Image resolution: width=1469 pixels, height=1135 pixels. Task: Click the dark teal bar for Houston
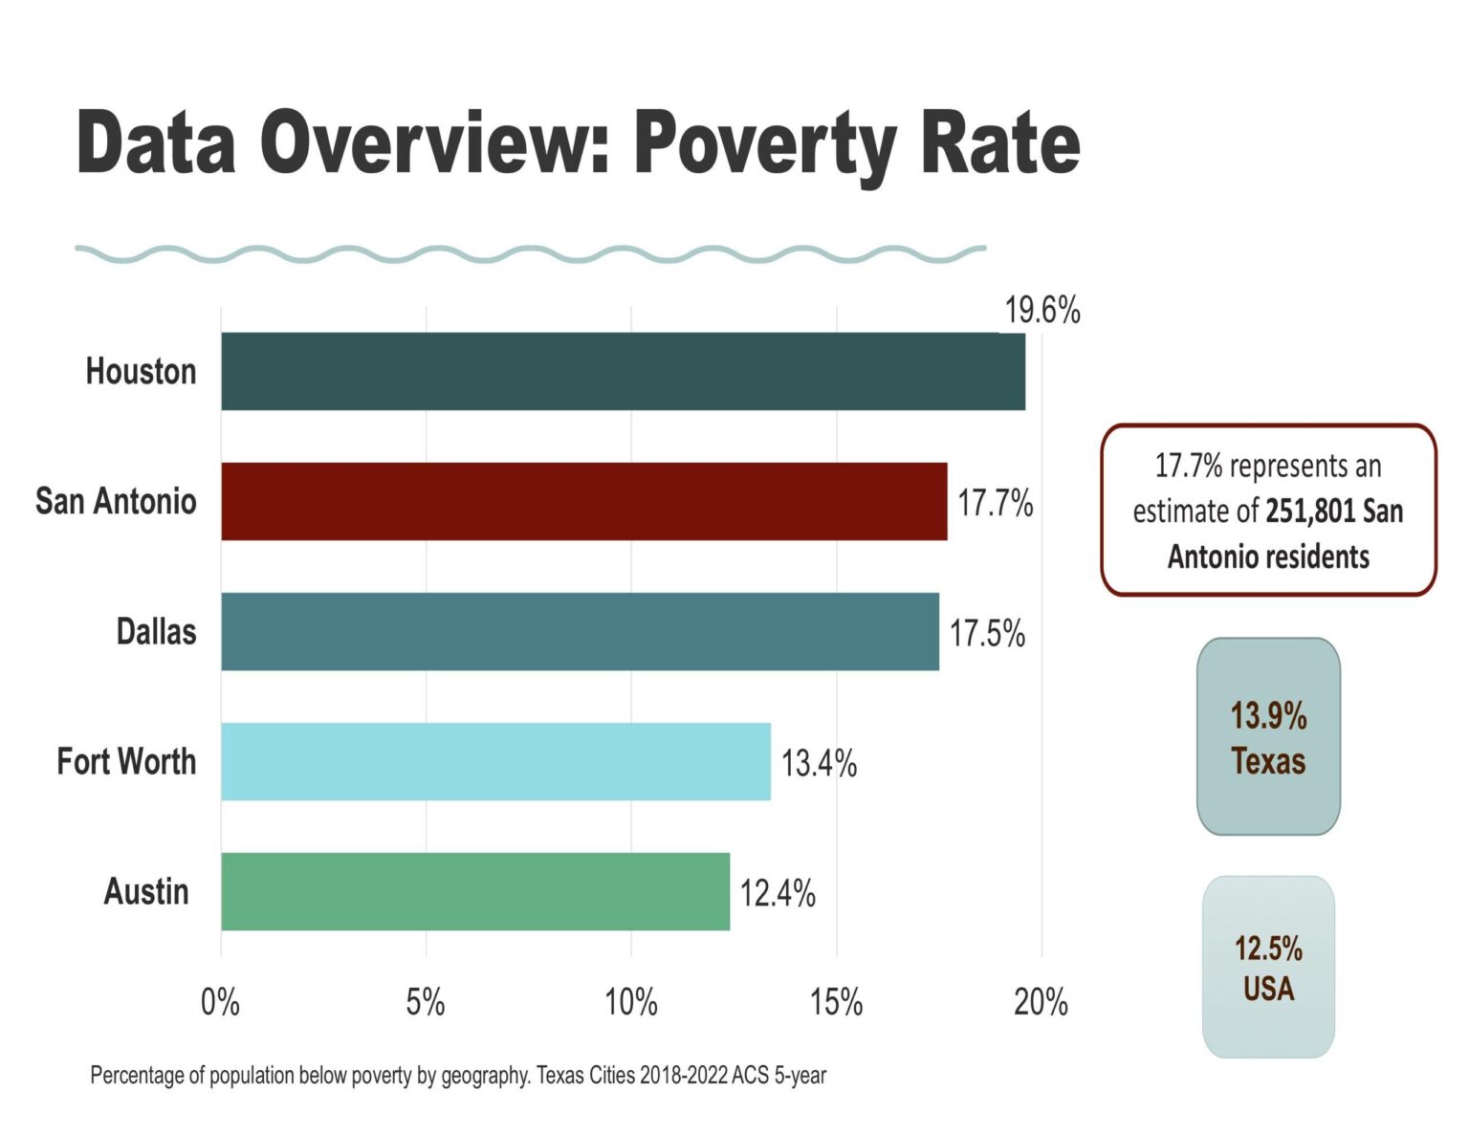tap(623, 371)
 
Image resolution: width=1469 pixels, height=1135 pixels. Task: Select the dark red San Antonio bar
tap(583, 501)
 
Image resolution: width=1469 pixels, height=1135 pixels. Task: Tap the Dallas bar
tap(580, 631)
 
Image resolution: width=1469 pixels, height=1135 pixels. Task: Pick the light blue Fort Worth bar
tap(495, 761)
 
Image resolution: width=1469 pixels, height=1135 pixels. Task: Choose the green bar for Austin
tap(475, 891)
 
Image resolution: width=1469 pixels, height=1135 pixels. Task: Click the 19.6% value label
tap(1041, 311)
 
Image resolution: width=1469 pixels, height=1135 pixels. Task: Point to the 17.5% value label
tap(986, 633)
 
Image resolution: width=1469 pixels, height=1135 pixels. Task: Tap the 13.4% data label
tap(819, 763)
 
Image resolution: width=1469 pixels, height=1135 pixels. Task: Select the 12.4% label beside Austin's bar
tap(777, 893)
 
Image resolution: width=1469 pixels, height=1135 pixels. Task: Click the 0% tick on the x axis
tap(220, 1002)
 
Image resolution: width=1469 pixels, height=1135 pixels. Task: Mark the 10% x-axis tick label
tap(631, 1002)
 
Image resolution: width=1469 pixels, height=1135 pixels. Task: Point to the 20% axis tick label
tap(1041, 1002)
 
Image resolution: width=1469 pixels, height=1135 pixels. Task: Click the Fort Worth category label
tap(126, 761)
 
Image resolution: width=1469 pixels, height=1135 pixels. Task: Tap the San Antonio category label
tap(116, 501)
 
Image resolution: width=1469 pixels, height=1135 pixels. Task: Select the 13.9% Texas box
tap(1268, 736)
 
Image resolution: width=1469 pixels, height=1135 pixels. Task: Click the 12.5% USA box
tap(1268, 967)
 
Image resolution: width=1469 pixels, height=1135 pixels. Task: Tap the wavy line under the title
tap(530, 253)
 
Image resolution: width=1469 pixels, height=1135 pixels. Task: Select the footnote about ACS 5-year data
tap(458, 1075)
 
